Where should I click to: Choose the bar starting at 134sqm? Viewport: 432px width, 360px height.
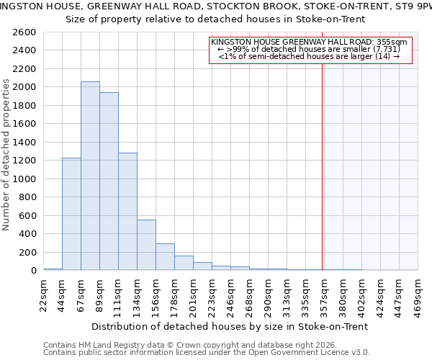pyautogui.click(x=146, y=245)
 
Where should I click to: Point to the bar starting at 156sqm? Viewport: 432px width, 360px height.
pyautogui.click(x=165, y=256)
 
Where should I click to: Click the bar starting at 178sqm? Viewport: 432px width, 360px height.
pyautogui.click(x=184, y=263)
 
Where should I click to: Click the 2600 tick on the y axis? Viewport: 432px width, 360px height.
pyautogui.click(x=25, y=32)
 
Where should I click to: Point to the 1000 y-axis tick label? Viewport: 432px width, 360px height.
pyautogui.click(x=25, y=179)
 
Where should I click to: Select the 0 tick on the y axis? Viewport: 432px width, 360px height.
pyautogui.click(x=33, y=271)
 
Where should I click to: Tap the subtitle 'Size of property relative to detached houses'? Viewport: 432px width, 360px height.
pyautogui.click(x=215, y=19)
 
